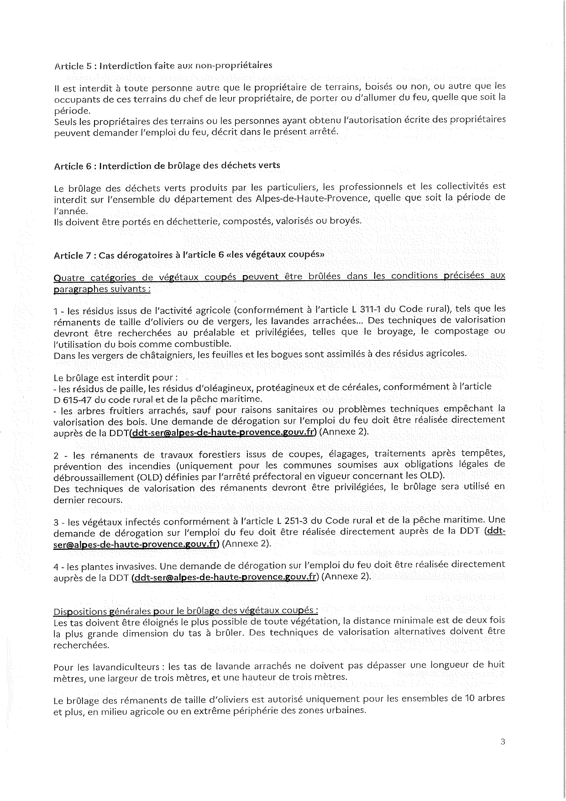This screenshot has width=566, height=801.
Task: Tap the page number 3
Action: pyautogui.click(x=503, y=741)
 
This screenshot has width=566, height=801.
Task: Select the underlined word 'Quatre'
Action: pyautogui.click(x=67, y=277)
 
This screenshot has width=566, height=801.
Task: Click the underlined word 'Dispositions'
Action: pyautogui.click(x=78, y=611)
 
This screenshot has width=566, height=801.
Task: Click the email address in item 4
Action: pyautogui.click(x=224, y=576)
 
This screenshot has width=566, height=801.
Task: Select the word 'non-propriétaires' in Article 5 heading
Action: pyautogui.click(x=233, y=65)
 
